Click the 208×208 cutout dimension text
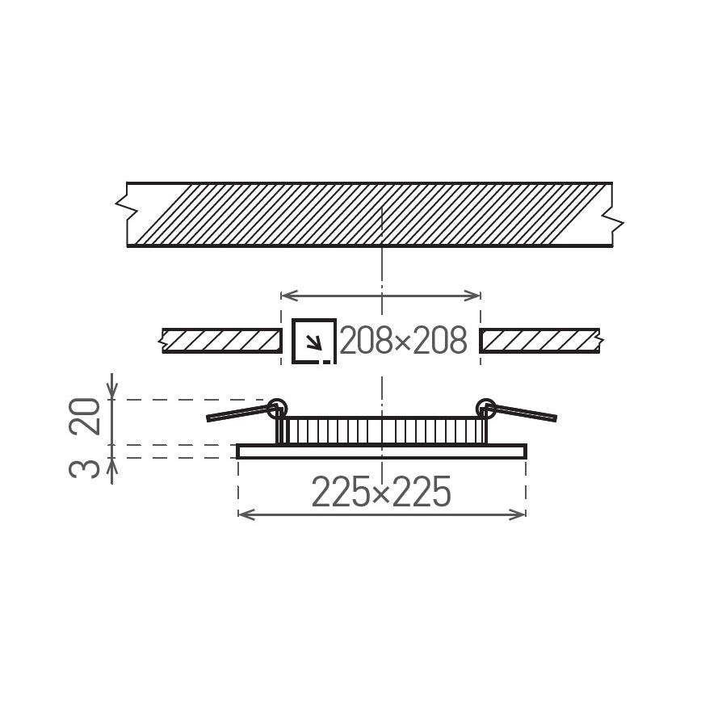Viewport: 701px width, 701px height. [x=403, y=342]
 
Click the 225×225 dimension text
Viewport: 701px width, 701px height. [x=380, y=492]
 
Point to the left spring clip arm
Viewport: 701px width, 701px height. [x=238, y=414]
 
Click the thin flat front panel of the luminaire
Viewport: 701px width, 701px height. [x=381, y=451]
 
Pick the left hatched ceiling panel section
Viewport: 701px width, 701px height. [x=217, y=341]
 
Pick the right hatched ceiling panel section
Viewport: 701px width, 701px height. [x=539, y=341]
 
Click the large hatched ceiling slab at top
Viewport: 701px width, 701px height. [x=369, y=214]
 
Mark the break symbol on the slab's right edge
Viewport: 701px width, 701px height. [x=616, y=220]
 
